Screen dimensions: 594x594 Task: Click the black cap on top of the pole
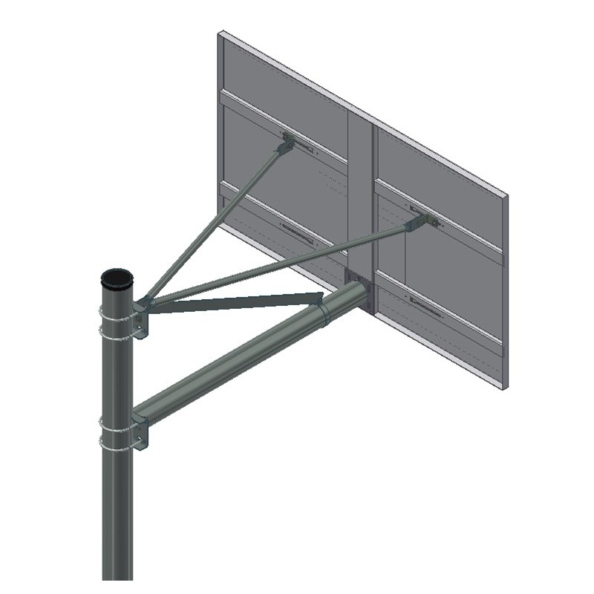coord(117,278)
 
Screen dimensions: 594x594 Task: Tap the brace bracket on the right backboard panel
coord(421,221)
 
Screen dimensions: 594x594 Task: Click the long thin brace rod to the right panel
coord(282,264)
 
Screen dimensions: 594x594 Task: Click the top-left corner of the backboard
coord(220,33)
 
